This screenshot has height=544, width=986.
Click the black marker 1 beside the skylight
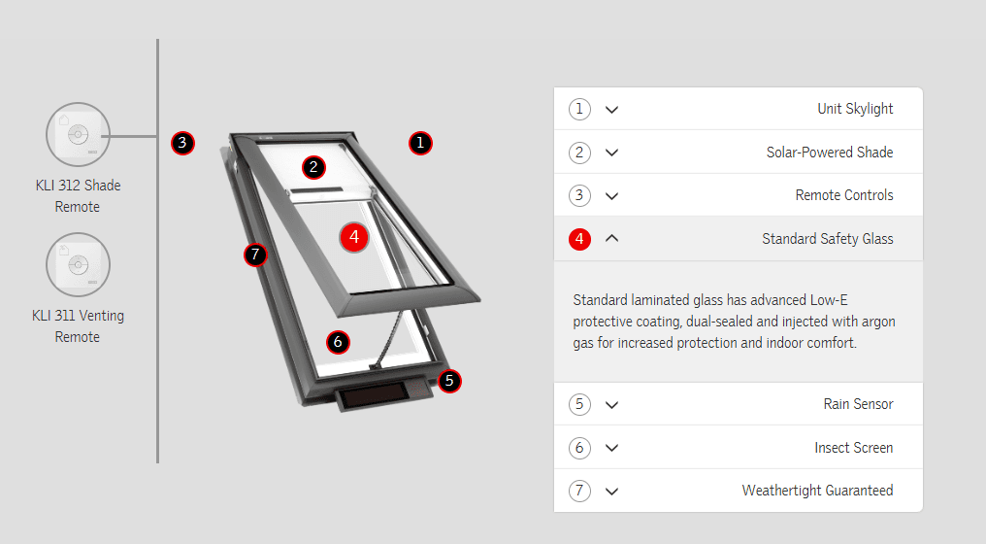click(420, 143)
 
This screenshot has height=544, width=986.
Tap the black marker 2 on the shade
click(313, 167)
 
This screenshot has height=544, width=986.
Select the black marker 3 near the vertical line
click(182, 143)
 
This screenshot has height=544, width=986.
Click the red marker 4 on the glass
click(354, 237)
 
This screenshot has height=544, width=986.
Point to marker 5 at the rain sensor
click(449, 380)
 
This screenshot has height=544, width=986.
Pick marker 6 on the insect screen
click(338, 342)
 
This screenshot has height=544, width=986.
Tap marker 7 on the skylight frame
click(255, 255)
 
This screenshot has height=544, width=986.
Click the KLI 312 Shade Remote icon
click(78, 135)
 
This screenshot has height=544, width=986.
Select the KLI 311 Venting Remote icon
click(78, 264)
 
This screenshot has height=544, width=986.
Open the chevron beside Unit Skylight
click(611, 110)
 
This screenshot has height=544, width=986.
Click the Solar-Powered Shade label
click(830, 153)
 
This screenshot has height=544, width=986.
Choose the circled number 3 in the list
click(579, 195)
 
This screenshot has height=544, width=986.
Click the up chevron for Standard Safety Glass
click(611, 238)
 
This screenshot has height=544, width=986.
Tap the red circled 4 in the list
click(579, 239)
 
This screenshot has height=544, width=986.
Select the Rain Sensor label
click(858, 404)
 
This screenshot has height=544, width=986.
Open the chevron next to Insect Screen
click(611, 448)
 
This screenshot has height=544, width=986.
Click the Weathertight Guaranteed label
click(817, 491)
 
